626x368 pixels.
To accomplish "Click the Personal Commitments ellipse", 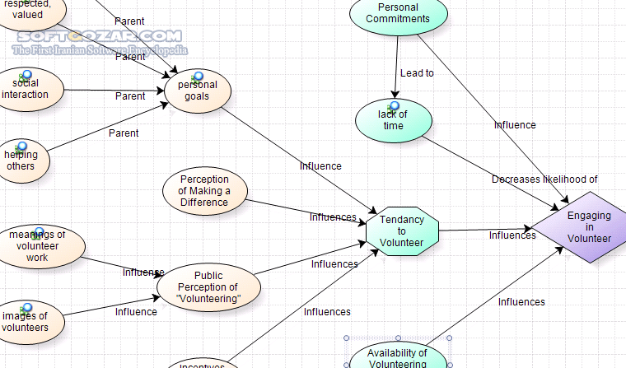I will pyautogui.click(x=398, y=14).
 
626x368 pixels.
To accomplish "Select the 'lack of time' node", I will pyautogui.click(x=393, y=122).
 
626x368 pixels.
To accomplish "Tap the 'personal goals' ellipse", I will pyautogui.click(x=197, y=91).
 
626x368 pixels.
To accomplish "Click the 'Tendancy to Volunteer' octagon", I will pyautogui.click(x=401, y=231).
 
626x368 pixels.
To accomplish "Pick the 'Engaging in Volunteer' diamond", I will pyautogui.click(x=588, y=227).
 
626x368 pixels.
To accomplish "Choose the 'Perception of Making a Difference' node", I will pyautogui.click(x=203, y=191).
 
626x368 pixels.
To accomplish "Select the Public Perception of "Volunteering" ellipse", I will pyautogui.click(x=209, y=287).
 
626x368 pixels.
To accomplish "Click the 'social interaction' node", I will pyautogui.click(x=25, y=89).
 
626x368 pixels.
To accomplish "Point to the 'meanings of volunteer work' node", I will pyautogui.click(x=37, y=246).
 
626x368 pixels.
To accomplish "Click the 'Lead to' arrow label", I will pyautogui.click(x=417, y=73).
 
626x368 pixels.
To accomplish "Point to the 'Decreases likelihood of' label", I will pyautogui.click(x=544, y=179).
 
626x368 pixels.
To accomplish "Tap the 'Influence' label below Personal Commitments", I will pyautogui.click(x=515, y=125).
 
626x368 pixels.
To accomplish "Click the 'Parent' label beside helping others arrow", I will pyautogui.click(x=124, y=133).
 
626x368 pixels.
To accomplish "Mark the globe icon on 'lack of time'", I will pyautogui.click(x=394, y=106).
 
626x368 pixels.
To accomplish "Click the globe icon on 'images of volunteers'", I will pyautogui.click(x=26, y=309).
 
